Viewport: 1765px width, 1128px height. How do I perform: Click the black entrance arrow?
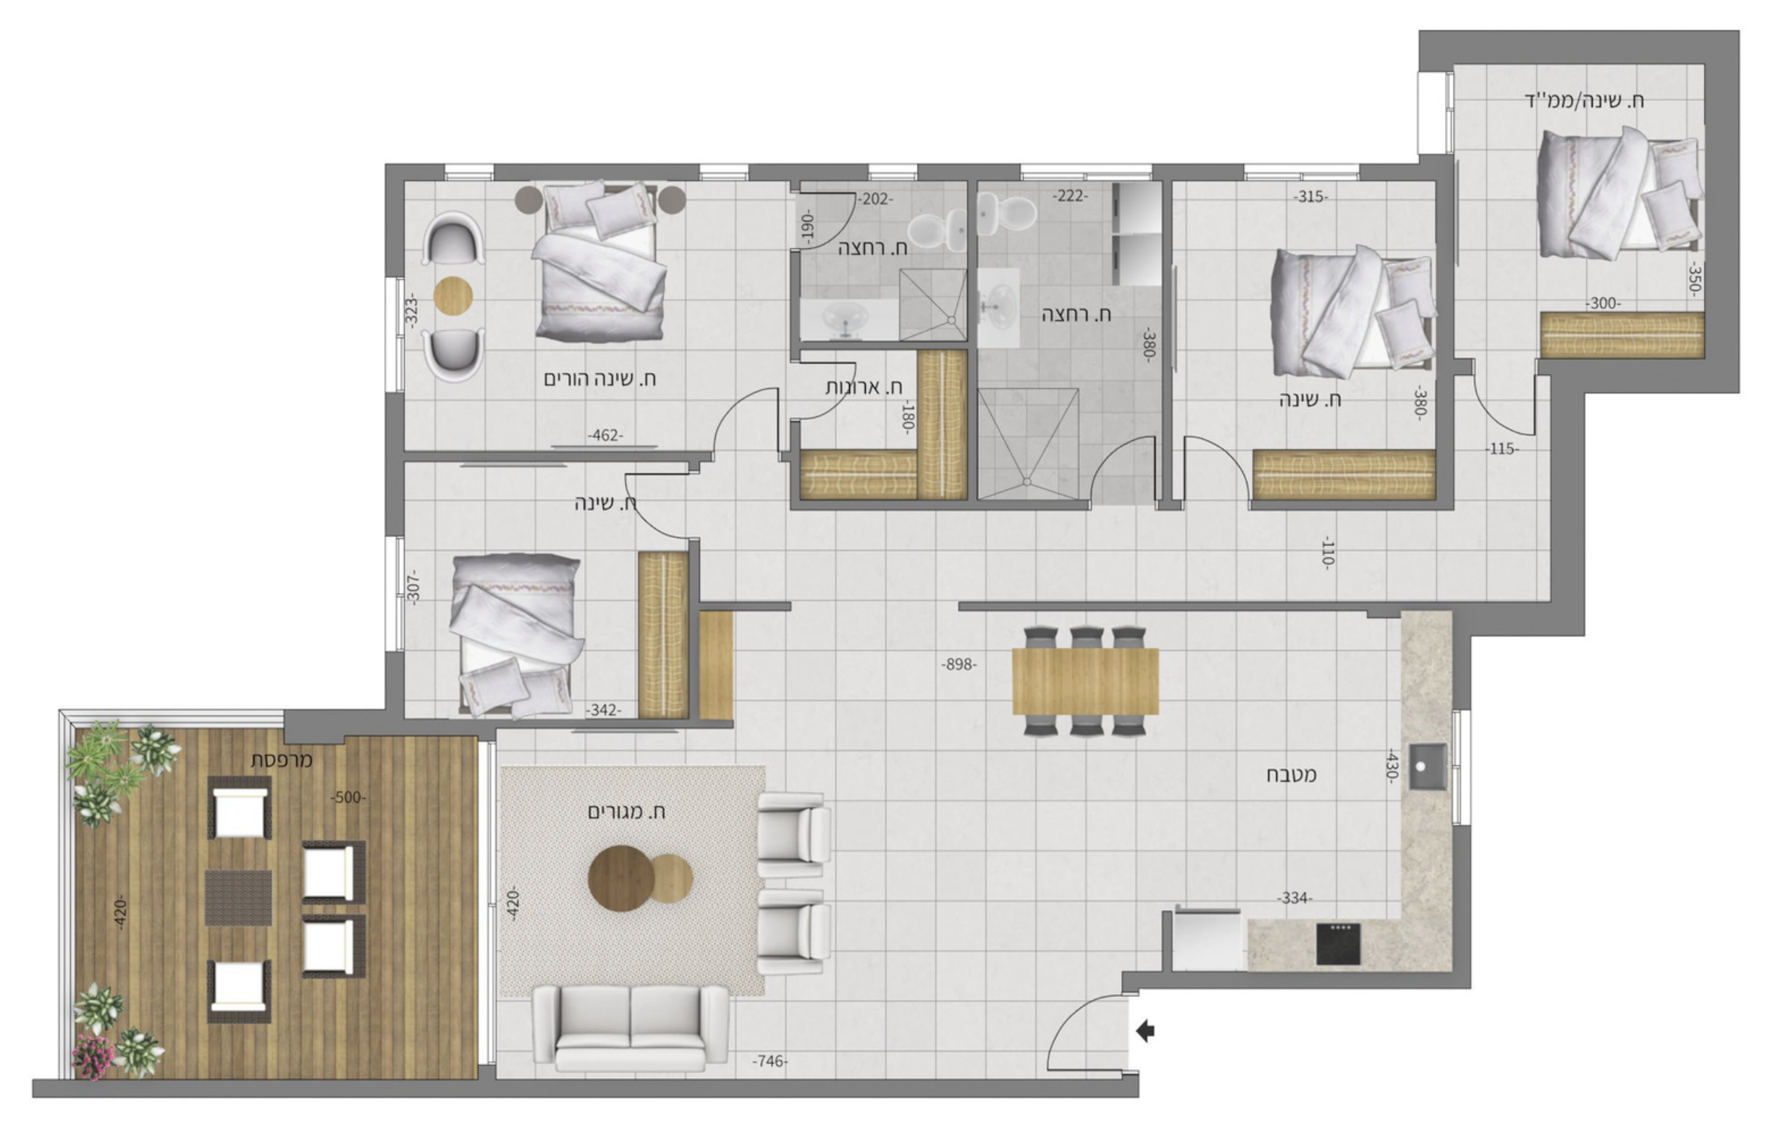[x=1145, y=1031]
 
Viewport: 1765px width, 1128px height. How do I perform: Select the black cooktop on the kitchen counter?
[x=1338, y=944]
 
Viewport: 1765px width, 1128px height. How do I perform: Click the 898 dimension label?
[x=959, y=664]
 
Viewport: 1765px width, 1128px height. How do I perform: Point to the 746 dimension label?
[x=770, y=1061]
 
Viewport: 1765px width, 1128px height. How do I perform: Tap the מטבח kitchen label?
[x=1291, y=775]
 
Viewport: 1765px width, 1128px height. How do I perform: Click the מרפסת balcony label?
[x=282, y=760]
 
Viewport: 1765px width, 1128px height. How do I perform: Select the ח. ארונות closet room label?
[x=864, y=387]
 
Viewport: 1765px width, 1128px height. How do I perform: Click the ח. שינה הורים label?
[x=599, y=379]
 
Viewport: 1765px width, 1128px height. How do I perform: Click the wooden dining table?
[x=1084, y=681]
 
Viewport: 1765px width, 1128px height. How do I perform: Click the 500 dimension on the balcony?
[x=348, y=797]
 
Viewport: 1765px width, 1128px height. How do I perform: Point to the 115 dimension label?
[x=1502, y=449]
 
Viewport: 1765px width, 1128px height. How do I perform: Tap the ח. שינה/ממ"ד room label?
[x=1584, y=101]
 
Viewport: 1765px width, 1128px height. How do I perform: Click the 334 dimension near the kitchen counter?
[x=1294, y=898]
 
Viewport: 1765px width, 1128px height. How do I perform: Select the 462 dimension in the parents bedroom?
[x=605, y=434]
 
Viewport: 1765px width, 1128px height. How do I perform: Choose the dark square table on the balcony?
[x=238, y=898]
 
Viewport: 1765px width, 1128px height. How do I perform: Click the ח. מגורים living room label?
[x=627, y=812]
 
